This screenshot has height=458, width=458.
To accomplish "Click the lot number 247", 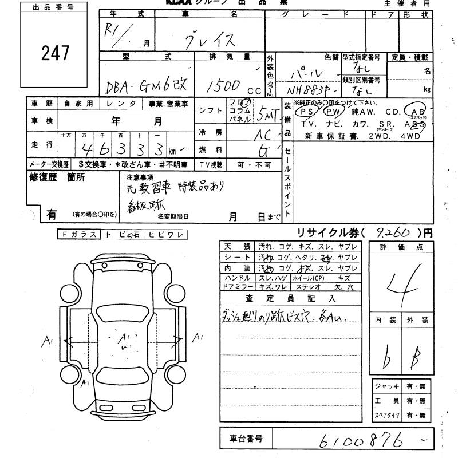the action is pos(56,53).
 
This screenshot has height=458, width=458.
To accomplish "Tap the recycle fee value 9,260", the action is pos(395,232).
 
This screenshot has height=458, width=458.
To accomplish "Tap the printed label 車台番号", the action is pos(246,439).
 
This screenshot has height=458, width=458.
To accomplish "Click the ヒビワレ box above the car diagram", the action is pos(165,234).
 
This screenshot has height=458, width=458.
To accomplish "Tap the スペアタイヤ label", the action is pos(386,415).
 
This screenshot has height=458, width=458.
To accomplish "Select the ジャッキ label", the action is pos(386,386).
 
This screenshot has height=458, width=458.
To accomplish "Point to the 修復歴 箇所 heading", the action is pos(57,177).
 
